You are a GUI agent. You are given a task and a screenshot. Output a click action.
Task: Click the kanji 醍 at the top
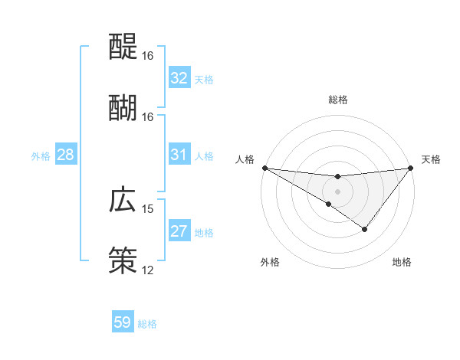(123, 47)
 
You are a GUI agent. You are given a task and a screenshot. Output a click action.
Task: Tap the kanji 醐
(123, 106)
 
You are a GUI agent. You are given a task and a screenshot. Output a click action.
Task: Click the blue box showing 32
(179, 78)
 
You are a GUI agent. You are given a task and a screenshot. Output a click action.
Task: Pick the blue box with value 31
(179, 155)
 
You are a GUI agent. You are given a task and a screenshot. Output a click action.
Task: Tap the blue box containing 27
(179, 231)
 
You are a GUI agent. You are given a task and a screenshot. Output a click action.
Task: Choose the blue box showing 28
(66, 155)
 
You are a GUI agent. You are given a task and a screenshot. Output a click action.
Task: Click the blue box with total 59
(123, 322)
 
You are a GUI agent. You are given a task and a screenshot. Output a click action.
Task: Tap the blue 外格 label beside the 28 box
(41, 155)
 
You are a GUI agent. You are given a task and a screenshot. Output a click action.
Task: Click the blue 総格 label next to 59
(147, 323)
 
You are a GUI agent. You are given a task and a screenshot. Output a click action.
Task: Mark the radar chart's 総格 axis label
(338, 100)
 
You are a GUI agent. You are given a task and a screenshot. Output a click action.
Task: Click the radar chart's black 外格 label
(270, 262)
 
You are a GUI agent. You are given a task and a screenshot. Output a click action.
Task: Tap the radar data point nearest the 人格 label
(264, 168)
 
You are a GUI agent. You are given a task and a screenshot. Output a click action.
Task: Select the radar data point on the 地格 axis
(365, 229)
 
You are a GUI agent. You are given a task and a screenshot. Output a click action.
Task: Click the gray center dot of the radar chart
(338, 191)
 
